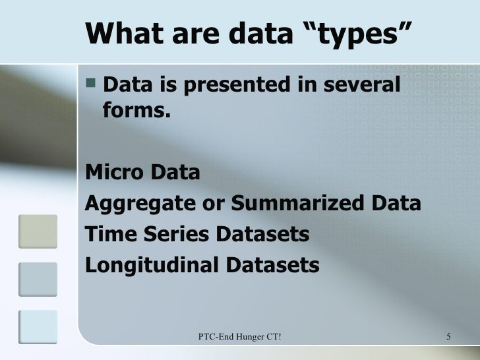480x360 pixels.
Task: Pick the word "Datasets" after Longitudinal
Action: point(272,266)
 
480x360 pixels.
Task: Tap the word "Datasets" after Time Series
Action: point(262,235)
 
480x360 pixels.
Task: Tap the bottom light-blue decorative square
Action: point(38,327)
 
